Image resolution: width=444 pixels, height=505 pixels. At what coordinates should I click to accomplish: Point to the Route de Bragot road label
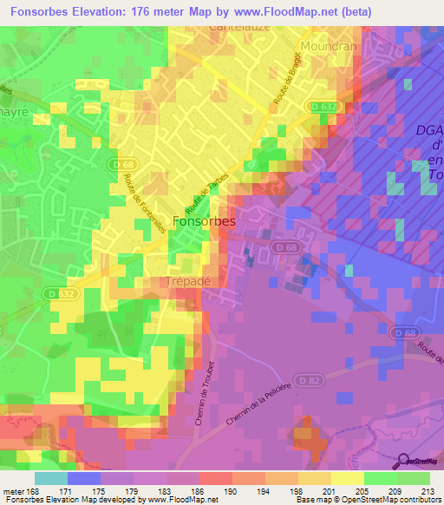(x=284, y=84)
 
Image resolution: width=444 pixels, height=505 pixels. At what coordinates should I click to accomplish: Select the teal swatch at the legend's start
(x=51, y=479)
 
